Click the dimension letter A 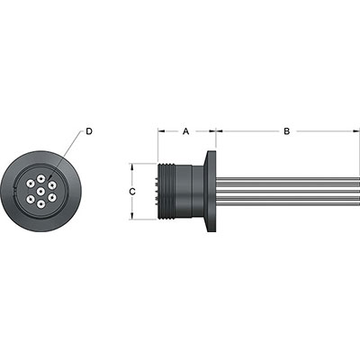click(x=186, y=131)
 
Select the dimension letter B click(x=286, y=131)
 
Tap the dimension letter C click(x=131, y=192)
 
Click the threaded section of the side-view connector click(x=166, y=191)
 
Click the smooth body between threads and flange click(x=191, y=191)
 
